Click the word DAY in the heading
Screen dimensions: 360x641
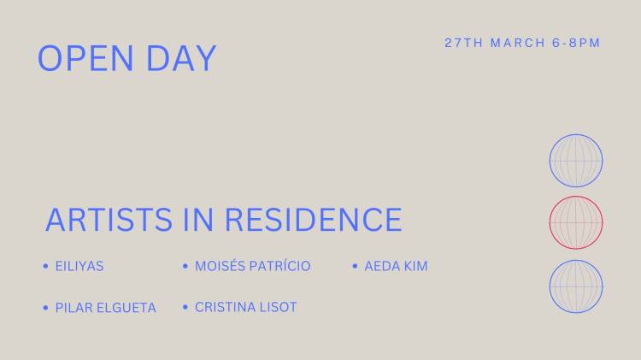pos(181,58)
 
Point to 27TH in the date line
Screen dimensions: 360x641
pos(463,43)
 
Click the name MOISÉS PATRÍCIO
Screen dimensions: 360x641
pos(252,267)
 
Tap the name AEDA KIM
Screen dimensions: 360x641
pos(396,267)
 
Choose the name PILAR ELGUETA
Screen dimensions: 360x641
pos(105,308)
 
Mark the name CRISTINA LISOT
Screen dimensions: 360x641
pos(245,307)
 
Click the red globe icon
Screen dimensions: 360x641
pos(576,222)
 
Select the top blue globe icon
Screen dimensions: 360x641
pos(576,161)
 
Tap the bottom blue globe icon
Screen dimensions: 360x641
pos(576,286)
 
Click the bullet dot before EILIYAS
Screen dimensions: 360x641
pos(45,267)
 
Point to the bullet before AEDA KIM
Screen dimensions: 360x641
pos(355,267)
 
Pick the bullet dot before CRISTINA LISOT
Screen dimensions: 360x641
pos(185,307)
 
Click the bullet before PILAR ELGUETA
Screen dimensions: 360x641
pos(45,307)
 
